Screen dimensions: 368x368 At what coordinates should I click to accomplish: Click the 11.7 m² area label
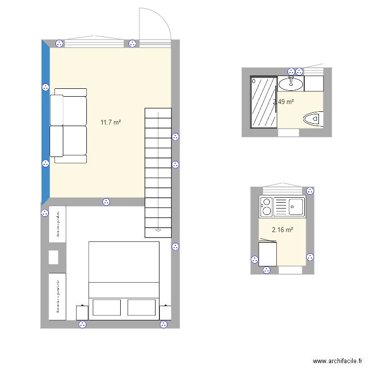click(110, 122)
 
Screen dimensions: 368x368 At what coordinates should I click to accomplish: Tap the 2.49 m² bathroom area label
click(283, 102)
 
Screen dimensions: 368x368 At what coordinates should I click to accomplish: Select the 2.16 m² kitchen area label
click(283, 229)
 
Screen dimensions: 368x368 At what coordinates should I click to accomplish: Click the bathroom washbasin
click(291, 84)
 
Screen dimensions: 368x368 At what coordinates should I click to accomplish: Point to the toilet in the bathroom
click(313, 119)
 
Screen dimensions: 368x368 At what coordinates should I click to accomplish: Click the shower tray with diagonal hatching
click(264, 102)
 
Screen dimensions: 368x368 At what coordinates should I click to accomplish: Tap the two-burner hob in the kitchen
click(266, 206)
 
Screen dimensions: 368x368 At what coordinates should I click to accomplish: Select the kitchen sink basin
click(296, 206)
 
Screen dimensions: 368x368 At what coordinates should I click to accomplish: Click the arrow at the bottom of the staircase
click(158, 230)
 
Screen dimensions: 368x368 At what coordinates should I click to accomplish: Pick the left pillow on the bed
click(106, 307)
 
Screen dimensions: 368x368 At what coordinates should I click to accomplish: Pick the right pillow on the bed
click(141, 307)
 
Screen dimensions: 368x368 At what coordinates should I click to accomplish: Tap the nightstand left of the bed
click(82, 312)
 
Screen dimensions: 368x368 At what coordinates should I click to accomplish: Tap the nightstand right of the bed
click(165, 312)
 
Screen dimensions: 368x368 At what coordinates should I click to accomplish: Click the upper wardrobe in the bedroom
click(57, 224)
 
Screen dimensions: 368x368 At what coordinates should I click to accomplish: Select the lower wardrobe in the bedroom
click(57, 296)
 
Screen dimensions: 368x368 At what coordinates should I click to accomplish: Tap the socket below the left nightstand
click(82, 324)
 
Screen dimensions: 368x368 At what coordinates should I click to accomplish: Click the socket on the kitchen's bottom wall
click(266, 269)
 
